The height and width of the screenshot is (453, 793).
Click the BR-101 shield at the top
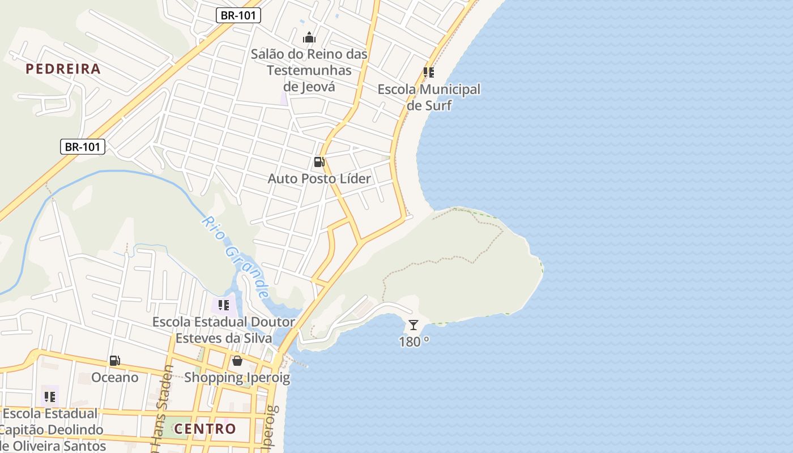click(x=238, y=15)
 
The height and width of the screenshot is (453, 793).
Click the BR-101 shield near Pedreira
click(x=83, y=147)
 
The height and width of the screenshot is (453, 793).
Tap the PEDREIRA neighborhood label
click(x=63, y=69)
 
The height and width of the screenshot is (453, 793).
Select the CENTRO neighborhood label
click(x=205, y=429)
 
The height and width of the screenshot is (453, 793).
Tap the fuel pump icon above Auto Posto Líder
click(x=319, y=163)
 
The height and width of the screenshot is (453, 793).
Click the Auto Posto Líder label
click(x=319, y=179)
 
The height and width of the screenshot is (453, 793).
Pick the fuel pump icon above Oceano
click(x=114, y=361)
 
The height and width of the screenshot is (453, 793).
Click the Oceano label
click(x=115, y=377)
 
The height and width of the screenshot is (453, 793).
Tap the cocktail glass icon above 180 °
click(x=413, y=325)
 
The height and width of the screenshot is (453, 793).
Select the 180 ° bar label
click(x=414, y=342)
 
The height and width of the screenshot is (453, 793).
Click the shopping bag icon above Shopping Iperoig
click(x=237, y=361)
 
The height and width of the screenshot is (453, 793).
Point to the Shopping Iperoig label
click(x=237, y=377)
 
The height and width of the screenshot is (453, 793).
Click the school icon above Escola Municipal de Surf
click(x=429, y=72)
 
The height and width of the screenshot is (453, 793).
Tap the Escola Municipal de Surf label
click(x=429, y=97)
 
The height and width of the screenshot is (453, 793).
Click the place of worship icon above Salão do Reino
click(x=309, y=38)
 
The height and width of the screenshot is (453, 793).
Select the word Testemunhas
click(x=309, y=71)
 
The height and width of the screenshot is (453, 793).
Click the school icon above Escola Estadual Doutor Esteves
click(x=224, y=305)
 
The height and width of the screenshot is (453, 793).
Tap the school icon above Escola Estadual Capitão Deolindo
click(x=50, y=396)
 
